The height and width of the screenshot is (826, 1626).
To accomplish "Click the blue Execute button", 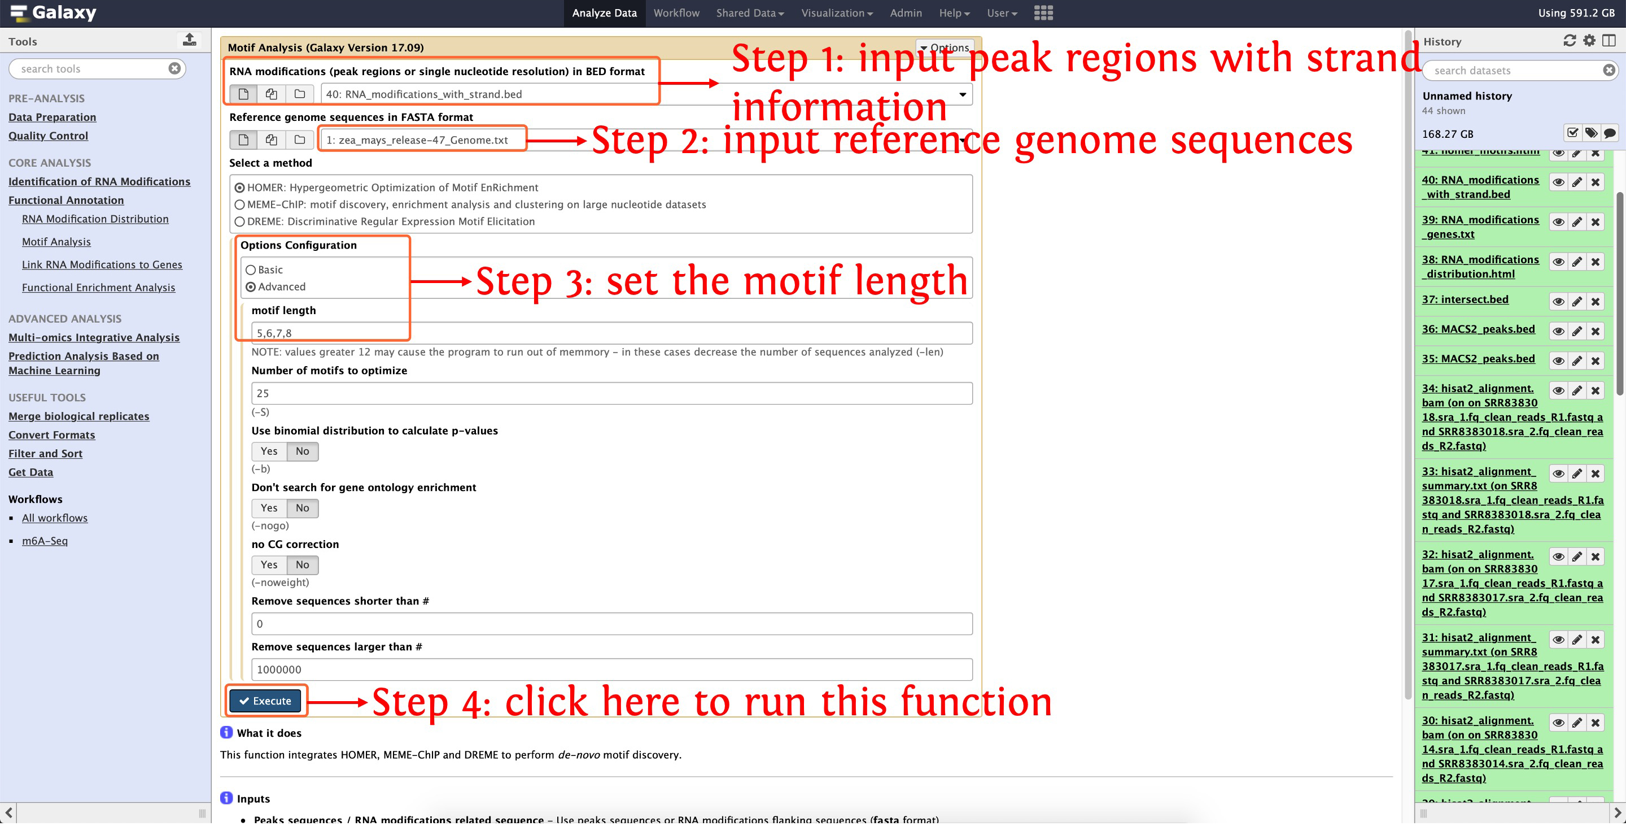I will coord(265,701).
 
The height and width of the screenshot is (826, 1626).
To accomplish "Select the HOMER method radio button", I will coord(240,188).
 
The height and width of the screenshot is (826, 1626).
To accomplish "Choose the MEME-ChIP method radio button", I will coord(240,205).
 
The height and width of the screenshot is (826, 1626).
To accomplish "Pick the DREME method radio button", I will coord(240,221).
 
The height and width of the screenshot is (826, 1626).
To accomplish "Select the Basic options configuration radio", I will coord(251,269).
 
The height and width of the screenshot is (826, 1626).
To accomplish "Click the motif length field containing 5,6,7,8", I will coord(611,333).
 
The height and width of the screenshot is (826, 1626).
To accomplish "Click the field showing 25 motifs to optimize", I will coord(611,393).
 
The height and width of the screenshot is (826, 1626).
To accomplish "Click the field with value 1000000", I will coord(611,670).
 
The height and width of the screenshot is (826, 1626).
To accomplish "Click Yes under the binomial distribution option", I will coord(269,451).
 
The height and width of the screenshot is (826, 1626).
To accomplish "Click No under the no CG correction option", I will coord(303,564).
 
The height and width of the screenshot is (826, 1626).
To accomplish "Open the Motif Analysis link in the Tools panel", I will coord(56,242).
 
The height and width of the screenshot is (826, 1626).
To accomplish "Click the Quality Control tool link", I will coord(48,136).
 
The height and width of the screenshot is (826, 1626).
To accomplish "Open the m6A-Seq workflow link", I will coord(45,541).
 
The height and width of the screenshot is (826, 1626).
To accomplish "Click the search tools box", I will coord(91,69).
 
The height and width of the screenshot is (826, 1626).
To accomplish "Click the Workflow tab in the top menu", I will coord(676,13).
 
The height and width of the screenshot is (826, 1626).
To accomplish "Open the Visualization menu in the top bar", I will coord(836,13).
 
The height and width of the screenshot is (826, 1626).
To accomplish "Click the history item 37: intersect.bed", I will coord(1465,299).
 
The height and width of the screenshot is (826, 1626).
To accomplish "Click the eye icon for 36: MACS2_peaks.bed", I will coord(1558,332).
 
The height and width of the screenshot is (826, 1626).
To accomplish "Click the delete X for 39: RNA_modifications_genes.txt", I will coord(1595,222).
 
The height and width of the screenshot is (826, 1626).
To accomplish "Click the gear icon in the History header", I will coord(1589,41).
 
